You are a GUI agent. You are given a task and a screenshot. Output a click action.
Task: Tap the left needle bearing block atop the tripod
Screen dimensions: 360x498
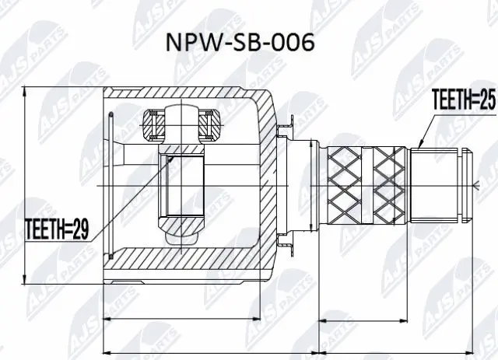pos(152,122)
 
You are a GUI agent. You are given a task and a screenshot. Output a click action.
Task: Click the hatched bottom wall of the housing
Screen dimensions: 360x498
pos(187,260)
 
